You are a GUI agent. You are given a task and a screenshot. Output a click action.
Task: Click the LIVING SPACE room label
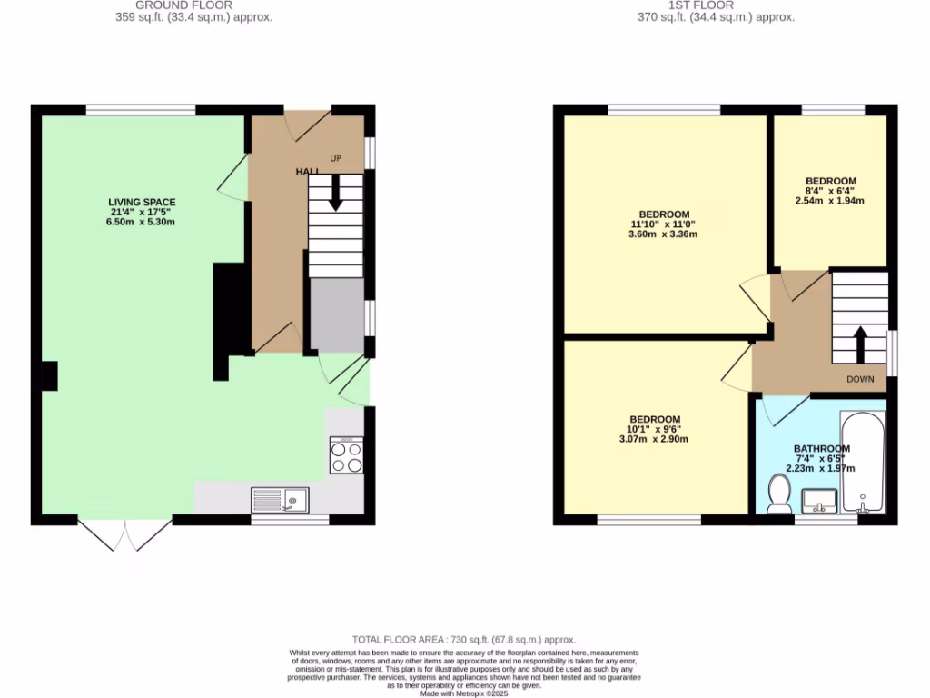pyautogui.click(x=142, y=202)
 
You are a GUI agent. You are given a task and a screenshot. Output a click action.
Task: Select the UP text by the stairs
pyautogui.click(x=335, y=159)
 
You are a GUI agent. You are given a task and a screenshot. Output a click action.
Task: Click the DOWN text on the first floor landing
pyautogui.click(x=859, y=379)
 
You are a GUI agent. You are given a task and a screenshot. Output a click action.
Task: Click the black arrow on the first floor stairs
pyautogui.click(x=859, y=343)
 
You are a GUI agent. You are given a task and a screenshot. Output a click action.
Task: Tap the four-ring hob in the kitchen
pyautogui.click(x=347, y=455)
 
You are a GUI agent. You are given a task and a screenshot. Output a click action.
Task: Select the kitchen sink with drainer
pyautogui.click(x=280, y=499)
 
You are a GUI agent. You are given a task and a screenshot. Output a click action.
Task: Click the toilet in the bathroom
pyautogui.click(x=778, y=494)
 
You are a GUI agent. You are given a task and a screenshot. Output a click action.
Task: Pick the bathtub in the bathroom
pyautogui.click(x=862, y=464)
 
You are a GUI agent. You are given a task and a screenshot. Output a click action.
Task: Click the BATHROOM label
pyautogui.click(x=821, y=448)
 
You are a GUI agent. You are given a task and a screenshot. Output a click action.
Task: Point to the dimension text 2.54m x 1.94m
pyautogui.click(x=830, y=203)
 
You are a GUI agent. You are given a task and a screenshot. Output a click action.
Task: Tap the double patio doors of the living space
pyautogui.click(x=125, y=535)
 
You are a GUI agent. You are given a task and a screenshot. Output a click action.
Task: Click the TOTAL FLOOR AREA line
pyautogui.click(x=464, y=640)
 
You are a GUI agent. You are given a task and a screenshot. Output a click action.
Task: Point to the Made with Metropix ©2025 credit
pyautogui.click(x=464, y=693)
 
